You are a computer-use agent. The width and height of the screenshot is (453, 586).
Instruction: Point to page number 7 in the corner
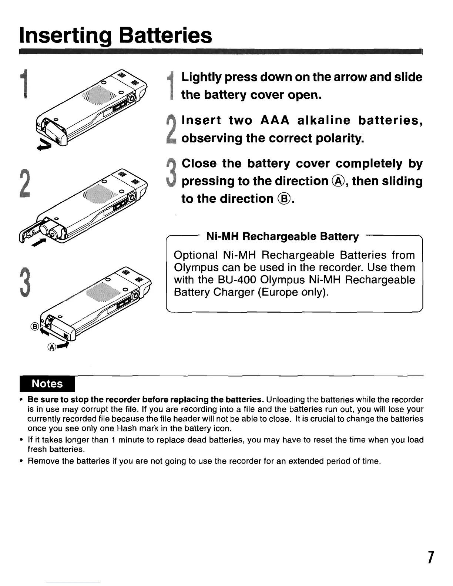tap(430, 557)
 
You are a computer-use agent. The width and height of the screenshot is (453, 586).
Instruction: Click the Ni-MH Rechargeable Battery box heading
tap(282, 236)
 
